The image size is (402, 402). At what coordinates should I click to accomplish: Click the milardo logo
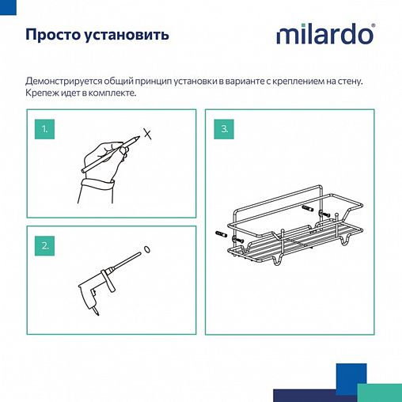click(x=324, y=35)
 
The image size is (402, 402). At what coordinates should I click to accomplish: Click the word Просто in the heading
click(x=53, y=36)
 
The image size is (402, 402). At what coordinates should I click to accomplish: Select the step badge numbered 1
click(x=46, y=128)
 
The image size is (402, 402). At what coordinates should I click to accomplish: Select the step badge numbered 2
click(x=46, y=245)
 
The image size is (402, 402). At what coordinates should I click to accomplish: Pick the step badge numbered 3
click(x=225, y=128)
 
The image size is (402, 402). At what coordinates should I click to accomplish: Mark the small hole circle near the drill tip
click(x=148, y=251)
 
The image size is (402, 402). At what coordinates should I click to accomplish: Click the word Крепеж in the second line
click(x=42, y=93)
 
